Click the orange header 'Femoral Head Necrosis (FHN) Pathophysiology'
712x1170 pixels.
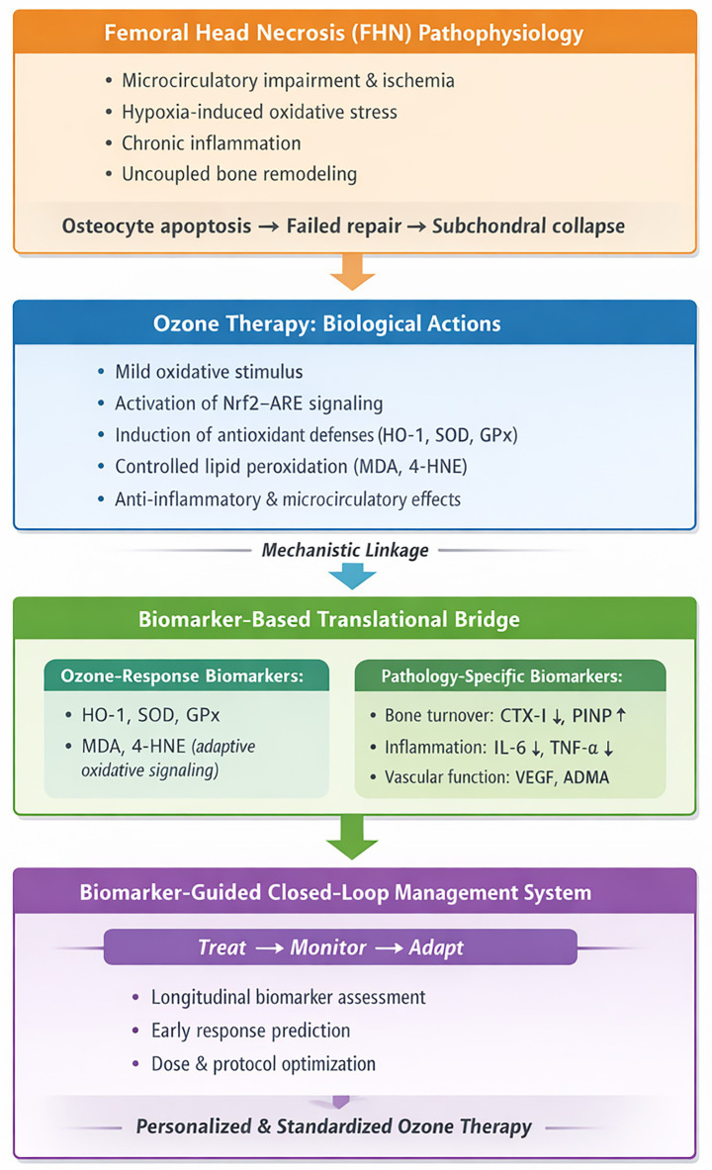[343, 33]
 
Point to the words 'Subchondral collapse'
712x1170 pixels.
[528, 226]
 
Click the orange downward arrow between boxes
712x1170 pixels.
[352, 272]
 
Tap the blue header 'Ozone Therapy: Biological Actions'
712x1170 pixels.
[327, 323]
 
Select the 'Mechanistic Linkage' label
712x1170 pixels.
[345, 551]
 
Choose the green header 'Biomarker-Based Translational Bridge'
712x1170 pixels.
[329, 619]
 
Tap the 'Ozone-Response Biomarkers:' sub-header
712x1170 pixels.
[182, 676]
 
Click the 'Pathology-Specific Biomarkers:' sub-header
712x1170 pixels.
[501, 676]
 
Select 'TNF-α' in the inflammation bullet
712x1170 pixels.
[574, 747]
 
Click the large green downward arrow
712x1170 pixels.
[352, 838]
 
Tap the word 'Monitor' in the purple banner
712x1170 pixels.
[328, 947]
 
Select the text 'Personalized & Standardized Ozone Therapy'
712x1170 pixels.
[333, 1126]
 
